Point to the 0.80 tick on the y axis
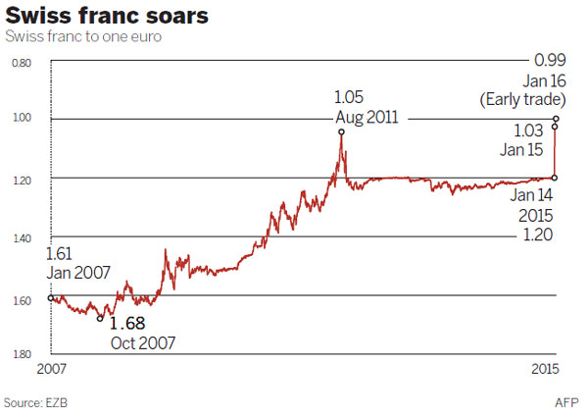pyautogui.click(x=23, y=62)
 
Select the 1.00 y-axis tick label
pyautogui.click(x=23, y=119)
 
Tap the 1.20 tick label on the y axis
pyautogui.click(x=23, y=178)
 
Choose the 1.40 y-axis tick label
pyautogui.click(x=23, y=237)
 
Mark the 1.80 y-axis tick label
pyautogui.click(x=23, y=354)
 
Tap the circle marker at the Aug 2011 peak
pyautogui.click(x=341, y=130)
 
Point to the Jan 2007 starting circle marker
pyautogui.click(x=51, y=297)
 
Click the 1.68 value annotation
pyautogui.click(x=128, y=323)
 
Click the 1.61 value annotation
pyautogui.click(x=61, y=256)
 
